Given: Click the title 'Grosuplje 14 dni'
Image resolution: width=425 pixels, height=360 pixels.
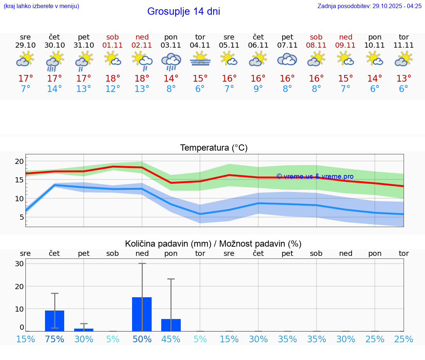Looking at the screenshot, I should [183, 11].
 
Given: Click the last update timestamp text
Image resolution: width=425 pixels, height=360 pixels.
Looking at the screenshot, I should [369, 6].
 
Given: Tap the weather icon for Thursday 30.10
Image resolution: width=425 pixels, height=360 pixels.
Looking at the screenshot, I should [55, 61].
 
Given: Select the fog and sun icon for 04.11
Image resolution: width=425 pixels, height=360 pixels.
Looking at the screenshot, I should [200, 59].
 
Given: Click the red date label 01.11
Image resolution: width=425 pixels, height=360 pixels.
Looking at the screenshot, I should [113, 45].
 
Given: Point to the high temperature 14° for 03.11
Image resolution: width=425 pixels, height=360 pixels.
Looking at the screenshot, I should [171, 78].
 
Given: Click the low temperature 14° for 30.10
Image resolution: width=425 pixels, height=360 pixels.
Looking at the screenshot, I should [55, 89].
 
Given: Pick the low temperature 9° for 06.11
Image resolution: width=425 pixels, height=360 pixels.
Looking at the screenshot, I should [258, 89].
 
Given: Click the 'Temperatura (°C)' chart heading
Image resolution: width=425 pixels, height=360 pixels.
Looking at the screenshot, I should [214, 148].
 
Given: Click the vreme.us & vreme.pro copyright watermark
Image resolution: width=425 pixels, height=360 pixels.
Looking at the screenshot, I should [315, 176].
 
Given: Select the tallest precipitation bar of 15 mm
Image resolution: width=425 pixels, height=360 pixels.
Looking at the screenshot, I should [142, 314].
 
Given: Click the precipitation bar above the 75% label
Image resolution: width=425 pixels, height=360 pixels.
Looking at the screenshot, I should [55, 321].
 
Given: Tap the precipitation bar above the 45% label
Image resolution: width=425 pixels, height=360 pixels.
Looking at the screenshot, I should [171, 325].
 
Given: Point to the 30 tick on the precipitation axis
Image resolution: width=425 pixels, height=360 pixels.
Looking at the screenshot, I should [19, 264].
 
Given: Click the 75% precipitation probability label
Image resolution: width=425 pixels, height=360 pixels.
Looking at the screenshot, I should [55, 339].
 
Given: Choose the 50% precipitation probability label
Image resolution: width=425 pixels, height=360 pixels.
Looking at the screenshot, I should [142, 339].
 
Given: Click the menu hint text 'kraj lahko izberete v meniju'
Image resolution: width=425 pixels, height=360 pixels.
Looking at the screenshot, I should [41, 6].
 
